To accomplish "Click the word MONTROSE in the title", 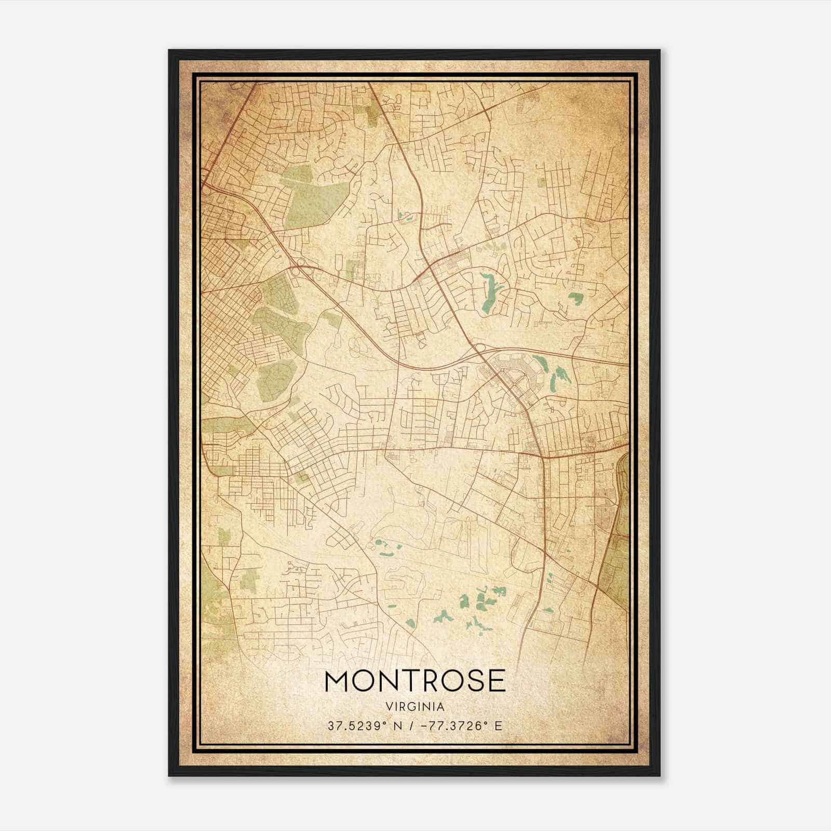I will point(415,681).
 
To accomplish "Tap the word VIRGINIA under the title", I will point(415,707).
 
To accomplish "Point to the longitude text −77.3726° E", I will point(458,726).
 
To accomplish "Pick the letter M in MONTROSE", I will point(337,681).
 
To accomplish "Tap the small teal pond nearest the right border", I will point(575,299).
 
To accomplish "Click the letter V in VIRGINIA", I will point(388,707).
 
